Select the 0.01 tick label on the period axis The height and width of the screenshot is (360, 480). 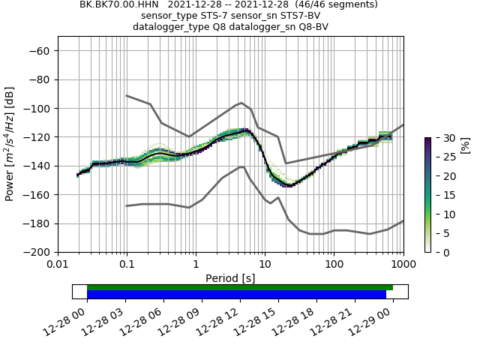58,265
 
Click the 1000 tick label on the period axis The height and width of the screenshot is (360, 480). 403,265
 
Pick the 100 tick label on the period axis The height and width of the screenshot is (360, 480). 334,265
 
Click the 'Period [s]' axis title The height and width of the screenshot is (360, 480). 230,278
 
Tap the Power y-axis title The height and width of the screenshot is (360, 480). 10,143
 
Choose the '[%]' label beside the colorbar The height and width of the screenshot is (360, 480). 464,144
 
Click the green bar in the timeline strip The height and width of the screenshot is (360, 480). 240,287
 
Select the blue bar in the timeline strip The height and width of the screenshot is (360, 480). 236,295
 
